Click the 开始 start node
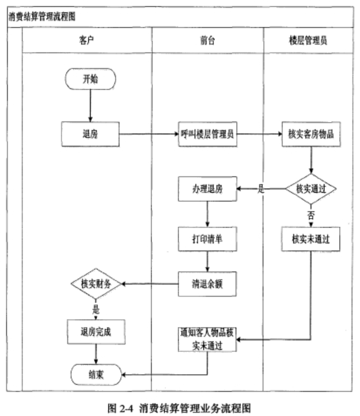[91, 79]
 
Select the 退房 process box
[90, 134]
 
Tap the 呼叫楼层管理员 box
[208, 134]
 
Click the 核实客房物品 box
[311, 134]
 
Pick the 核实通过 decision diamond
[311, 189]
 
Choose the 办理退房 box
[208, 189]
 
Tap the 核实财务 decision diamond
[95, 284]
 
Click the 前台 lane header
[208, 41]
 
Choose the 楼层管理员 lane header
[308, 41]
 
